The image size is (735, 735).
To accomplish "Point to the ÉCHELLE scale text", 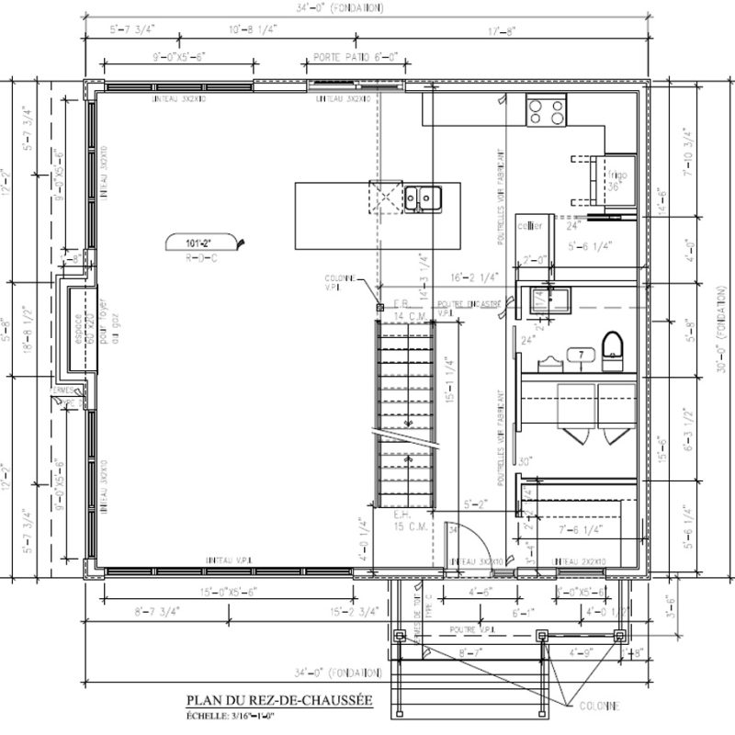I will (x=227, y=716).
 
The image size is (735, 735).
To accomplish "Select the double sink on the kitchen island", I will (x=424, y=197).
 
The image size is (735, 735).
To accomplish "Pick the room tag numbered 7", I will (x=581, y=354).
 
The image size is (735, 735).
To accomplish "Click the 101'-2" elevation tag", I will (x=198, y=243).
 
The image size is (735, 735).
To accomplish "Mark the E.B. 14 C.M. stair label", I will (x=405, y=310).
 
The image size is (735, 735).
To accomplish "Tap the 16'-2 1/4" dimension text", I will (x=475, y=275).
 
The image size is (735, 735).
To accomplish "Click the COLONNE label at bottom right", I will (x=599, y=706).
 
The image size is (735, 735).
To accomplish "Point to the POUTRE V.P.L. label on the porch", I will (x=475, y=629).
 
